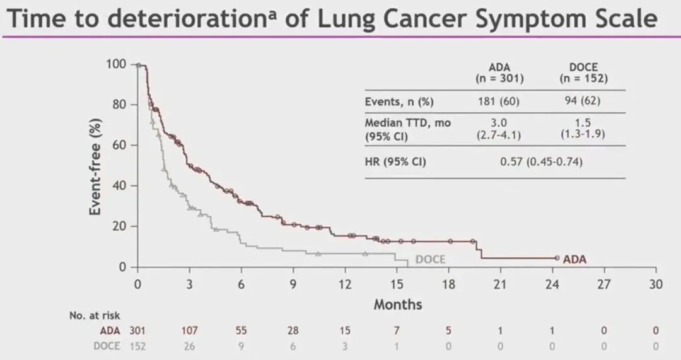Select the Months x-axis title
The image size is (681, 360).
[398, 305]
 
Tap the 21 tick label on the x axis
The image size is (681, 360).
[500, 284]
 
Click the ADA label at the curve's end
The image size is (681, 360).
[575, 258]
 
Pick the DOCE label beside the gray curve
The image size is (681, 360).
[431, 259]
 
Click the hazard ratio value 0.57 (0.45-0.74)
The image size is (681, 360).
[542, 162]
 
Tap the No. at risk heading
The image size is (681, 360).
[95, 315]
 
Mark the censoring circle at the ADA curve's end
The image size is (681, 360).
[557, 258]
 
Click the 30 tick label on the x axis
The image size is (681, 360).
[656, 284]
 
